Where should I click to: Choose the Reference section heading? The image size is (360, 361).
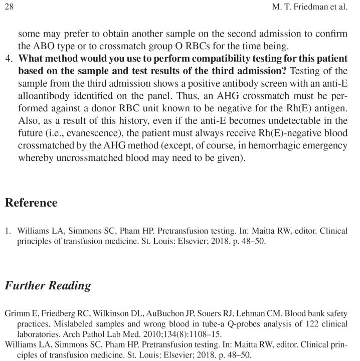[31, 203]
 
